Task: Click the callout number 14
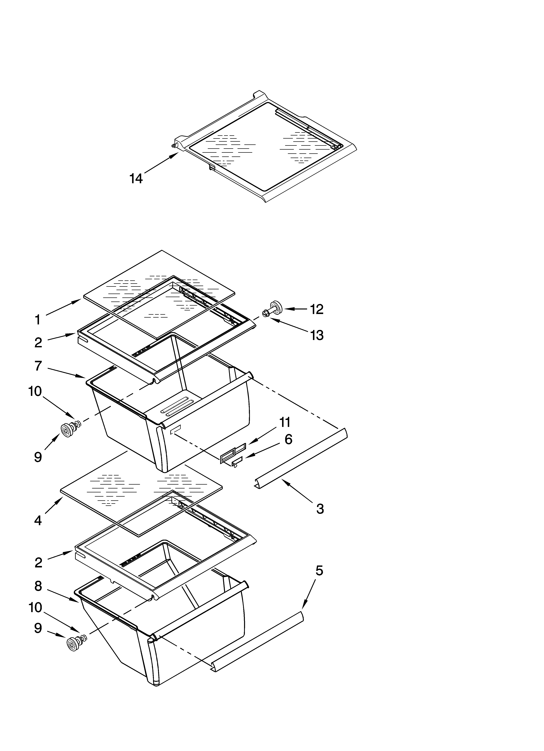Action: coord(136,179)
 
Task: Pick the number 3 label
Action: coord(320,509)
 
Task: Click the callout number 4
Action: coord(38,520)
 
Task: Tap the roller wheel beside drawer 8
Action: coord(72,644)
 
